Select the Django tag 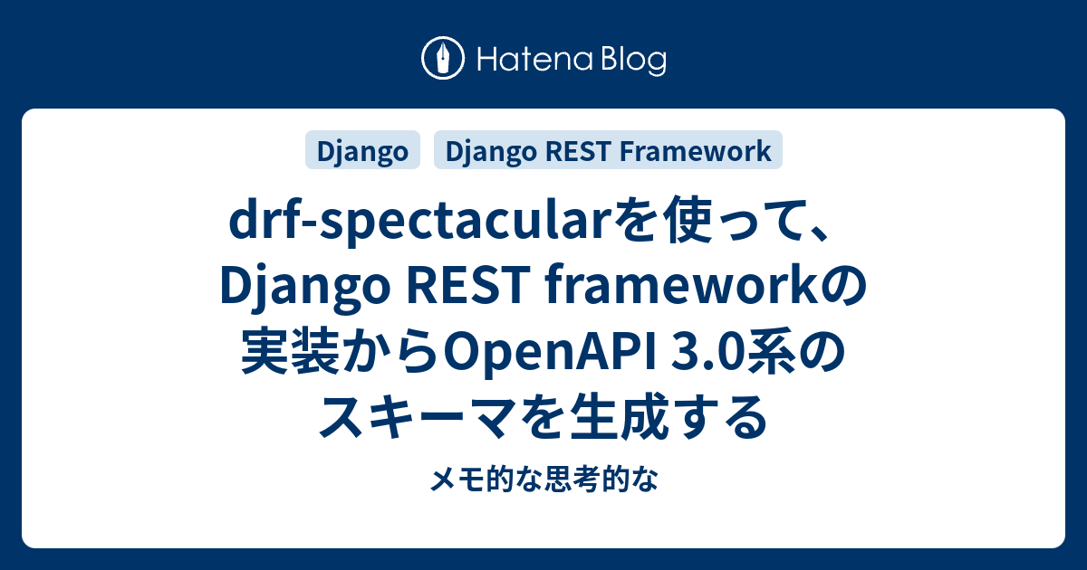(362, 151)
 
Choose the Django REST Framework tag (608, 151)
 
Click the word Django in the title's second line (299, 289)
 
